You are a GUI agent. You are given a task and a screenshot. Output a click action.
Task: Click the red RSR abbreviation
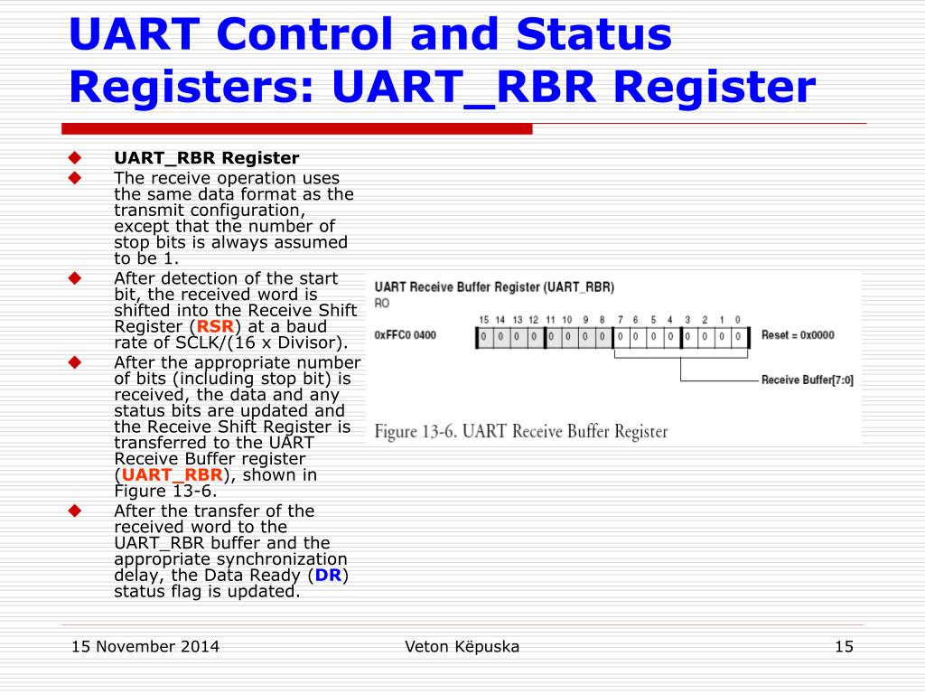tap(216, 326)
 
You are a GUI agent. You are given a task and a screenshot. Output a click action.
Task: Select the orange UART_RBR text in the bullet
tap(172, 474)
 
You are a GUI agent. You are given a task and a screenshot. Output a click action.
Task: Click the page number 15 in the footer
tap(844, 646)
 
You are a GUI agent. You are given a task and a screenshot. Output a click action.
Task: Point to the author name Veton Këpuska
tap(462, 646)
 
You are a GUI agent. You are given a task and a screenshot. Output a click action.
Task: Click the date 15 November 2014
tap(145, 646)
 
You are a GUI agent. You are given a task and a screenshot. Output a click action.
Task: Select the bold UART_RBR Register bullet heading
tap(206, 158)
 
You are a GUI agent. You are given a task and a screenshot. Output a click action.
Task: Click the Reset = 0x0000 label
tap(798, 335)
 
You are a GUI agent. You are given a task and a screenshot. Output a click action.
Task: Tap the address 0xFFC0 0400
tap(405, 335)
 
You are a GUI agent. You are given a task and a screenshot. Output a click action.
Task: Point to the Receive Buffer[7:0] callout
tap(807, 380)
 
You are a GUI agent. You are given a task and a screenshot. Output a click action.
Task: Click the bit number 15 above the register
tap(483, 320)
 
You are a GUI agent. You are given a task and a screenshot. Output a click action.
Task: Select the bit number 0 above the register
tap(738, 320)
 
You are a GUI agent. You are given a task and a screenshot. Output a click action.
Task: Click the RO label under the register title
tap(382, 304)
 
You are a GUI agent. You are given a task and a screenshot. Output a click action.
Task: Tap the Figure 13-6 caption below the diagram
tap(521, 431)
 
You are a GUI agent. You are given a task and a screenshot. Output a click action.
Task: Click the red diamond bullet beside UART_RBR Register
tap(75, 158)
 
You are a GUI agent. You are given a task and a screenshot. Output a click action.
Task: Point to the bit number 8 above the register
tap(602, 320)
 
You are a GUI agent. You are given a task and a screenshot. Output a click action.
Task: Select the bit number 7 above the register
tap(620, 320)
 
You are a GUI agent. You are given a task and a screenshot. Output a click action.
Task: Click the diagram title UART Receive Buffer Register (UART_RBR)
tap(494, 287)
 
